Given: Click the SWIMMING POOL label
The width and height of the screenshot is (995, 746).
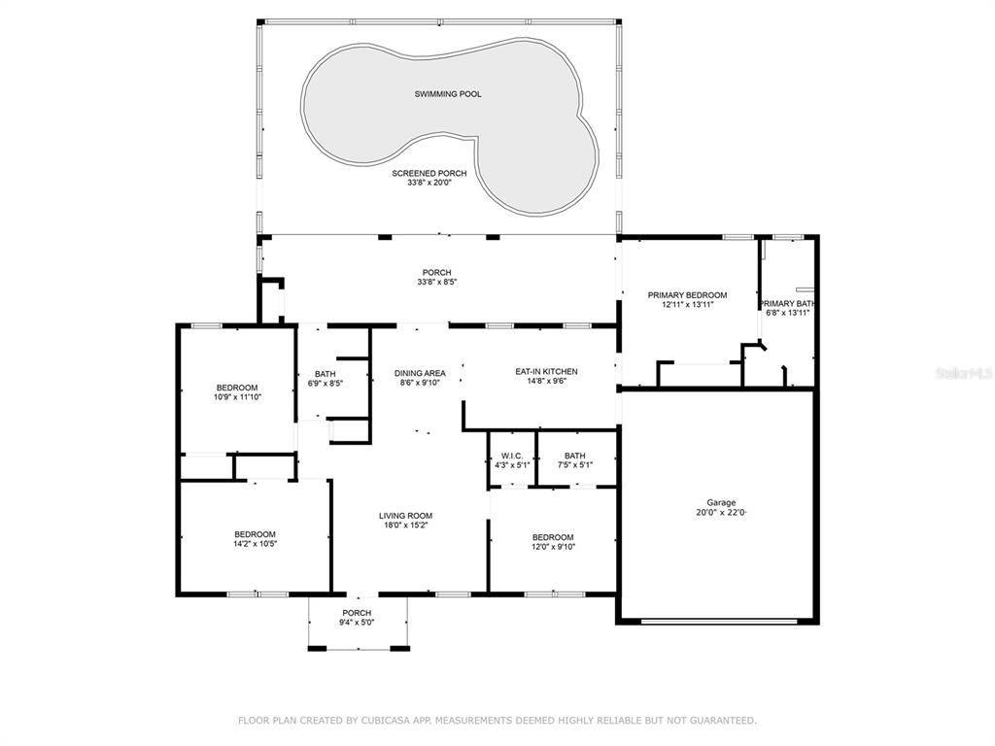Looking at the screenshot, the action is pos(448,94).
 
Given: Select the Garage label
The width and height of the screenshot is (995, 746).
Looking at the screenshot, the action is pos(722,502).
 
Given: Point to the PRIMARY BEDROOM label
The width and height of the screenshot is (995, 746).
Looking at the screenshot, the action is pos(687,295).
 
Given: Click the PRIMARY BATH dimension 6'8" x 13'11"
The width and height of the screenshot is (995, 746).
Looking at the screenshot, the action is pos(787,312).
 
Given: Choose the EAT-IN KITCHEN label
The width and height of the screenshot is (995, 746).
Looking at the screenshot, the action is pos(546,372).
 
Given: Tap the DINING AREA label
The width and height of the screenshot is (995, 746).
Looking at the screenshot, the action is pos(420,374).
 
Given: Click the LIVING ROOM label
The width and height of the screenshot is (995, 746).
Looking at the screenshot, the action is pos(405,516).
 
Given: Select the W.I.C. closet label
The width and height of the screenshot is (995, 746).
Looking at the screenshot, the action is pos(512,457).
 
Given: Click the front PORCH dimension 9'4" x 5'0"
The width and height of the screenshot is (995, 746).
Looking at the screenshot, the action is pos(357,623).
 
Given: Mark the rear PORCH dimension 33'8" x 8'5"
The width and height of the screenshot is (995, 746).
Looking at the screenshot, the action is pos(436,282).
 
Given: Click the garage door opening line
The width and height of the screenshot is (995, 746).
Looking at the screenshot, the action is pos(719,622).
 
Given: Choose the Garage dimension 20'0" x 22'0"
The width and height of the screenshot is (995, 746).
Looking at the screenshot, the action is pos(722,513).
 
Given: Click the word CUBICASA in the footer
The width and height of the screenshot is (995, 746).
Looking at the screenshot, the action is pos(382,720).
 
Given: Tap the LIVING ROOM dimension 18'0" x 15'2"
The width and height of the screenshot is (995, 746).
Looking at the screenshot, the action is pos(405,526).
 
